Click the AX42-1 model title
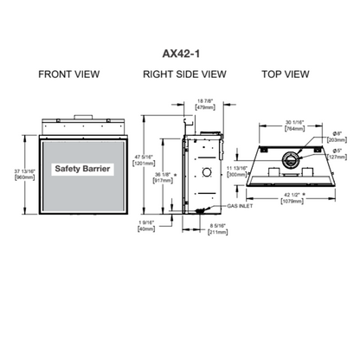coord(179,51)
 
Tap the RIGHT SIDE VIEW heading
coord(184,75)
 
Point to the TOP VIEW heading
coord(286,75)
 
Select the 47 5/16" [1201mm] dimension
coord(143,160)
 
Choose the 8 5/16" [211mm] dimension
coord(218,229)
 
